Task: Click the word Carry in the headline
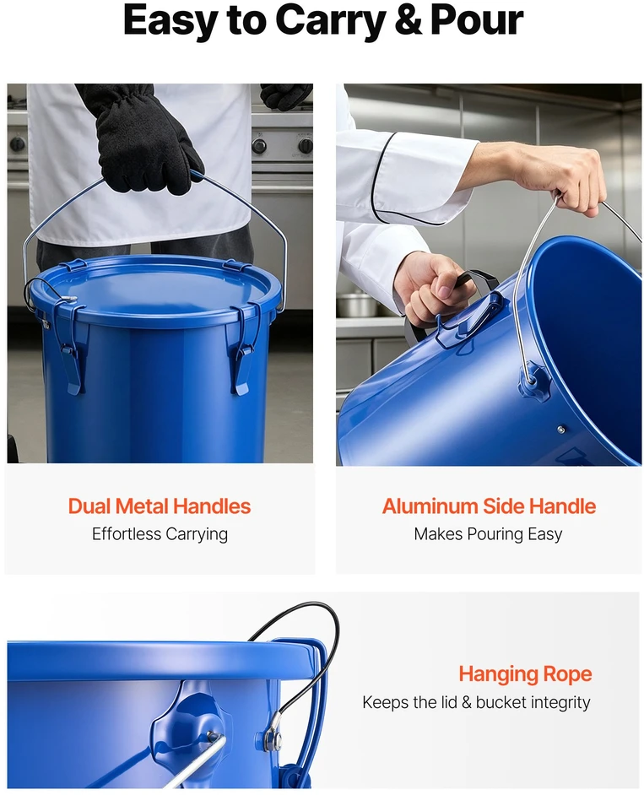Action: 330,21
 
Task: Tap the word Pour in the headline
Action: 477,20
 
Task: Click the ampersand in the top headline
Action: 407,20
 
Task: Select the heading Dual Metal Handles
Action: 160,506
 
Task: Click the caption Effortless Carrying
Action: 160,534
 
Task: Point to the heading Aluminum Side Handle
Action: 489,506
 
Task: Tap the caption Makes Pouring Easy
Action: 488,534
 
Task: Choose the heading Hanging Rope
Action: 525,674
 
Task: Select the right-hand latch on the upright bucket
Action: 243,350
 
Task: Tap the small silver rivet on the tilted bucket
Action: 560,430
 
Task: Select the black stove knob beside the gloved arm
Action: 259,145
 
